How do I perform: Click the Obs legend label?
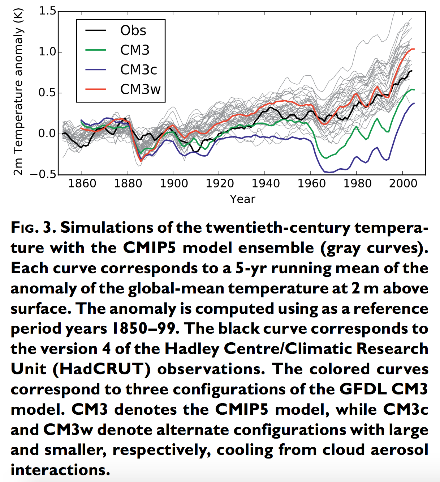tap(133, 31)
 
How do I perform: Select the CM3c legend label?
tap(138, 70)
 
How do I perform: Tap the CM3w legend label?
tap(140, 89)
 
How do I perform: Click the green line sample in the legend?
tap(96, 50)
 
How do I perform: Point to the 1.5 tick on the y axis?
tap(47, 12)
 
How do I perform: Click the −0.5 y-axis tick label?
tap(43, 174)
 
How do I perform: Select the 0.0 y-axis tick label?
tap(47, 134)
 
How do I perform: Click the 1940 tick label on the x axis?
tap(266, 183)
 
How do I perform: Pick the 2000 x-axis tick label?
tap(403, 183)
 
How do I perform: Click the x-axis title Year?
tap(242, 199)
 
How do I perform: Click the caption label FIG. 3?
tap(33, 228)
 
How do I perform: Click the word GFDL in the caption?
tap(362, 389)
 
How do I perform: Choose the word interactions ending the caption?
tap(60, 470)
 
